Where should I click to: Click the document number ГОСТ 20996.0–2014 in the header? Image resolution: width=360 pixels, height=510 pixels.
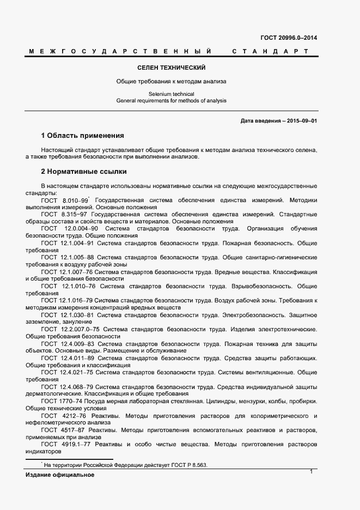[289, 38]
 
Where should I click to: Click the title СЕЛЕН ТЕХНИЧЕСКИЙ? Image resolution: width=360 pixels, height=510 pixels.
[172, 68]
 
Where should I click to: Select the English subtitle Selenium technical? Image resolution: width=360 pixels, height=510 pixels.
[172, 94]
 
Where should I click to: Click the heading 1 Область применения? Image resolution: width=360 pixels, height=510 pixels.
[83, 135]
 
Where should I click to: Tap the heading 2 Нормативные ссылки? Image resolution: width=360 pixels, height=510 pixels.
[84, 172]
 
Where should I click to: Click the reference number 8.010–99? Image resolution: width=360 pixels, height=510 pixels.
[75, 201]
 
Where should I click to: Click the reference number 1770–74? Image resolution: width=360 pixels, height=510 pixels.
[71, 400]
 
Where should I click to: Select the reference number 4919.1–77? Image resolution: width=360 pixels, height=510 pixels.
[76, 444]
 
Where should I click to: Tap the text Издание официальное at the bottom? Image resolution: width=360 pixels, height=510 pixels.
[60, 475]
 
